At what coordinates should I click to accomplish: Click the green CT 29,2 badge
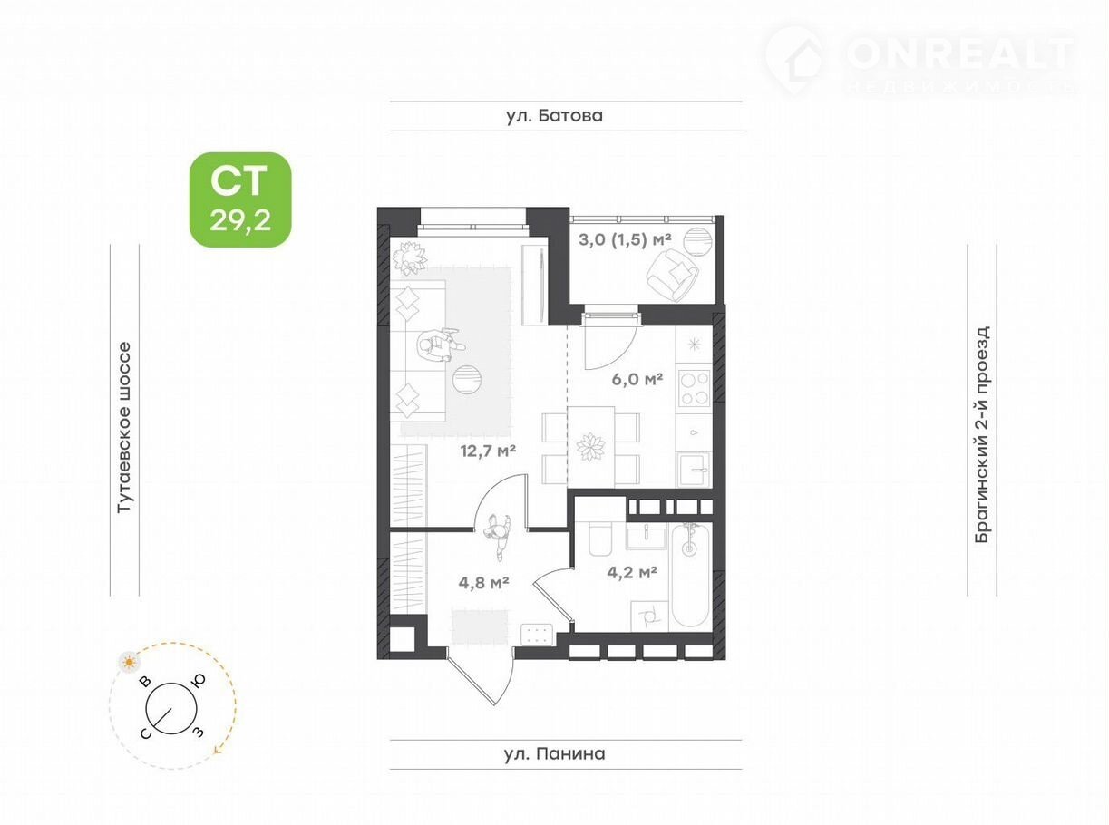(240, 199)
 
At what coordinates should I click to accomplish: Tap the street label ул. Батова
(555, 116)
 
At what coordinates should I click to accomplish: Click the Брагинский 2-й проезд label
(982, 434)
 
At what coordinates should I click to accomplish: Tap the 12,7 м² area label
(488, 451)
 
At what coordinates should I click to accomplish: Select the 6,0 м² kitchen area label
(637, 380)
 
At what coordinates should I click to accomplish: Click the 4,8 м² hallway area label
(483, 582)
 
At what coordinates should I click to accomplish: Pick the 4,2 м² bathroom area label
(632, 572)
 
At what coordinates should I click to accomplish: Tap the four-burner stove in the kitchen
(695, 387)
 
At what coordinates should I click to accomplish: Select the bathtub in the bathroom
(690, 575)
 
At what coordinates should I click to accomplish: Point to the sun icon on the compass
(130, 663)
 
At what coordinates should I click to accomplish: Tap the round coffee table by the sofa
(468, 380)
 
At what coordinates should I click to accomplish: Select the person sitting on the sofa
(439, 345)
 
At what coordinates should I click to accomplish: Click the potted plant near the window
(410, 257)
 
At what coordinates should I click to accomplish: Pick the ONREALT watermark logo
(919, 60)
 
